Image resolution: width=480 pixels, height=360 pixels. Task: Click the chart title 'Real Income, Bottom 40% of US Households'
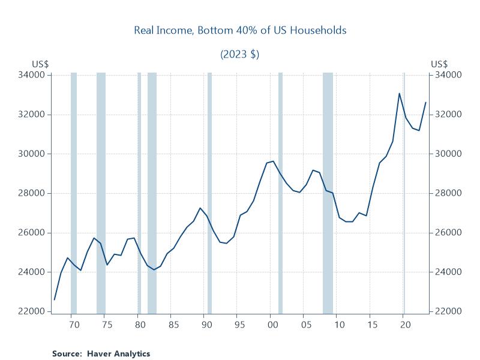pyautogui.click(x=239, y=31)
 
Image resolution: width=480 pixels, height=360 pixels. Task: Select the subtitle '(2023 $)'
pyautogui.click(x=239, y=54)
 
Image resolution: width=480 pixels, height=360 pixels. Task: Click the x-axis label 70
pyautogui.click(x=74, y=325)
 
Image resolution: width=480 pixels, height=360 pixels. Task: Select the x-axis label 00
pyautogui.click(x=272, y=325)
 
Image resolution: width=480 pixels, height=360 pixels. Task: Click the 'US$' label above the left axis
pyautogui.click(x=40, y=64)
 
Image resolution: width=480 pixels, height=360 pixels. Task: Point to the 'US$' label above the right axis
pyautogui.click(x=439, y=64)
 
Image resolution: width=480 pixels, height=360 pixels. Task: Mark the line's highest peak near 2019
pyautogui.click(x=400, y=93)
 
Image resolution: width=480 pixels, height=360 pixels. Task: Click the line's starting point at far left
pyautogui.click(x=55, y=299)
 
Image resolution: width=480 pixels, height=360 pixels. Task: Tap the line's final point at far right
pyautogui.click(x=426, y=102)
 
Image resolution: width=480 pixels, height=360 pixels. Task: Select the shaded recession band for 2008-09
pyautogui.click(x=328, y=192)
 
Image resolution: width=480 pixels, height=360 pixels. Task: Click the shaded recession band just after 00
pyautogui.click(x=280, y=192)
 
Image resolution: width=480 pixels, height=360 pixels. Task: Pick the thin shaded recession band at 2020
pyautogui.click(x=404, y=192)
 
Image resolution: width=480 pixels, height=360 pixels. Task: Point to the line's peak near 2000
pyautogui.click(x=273, y=161)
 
